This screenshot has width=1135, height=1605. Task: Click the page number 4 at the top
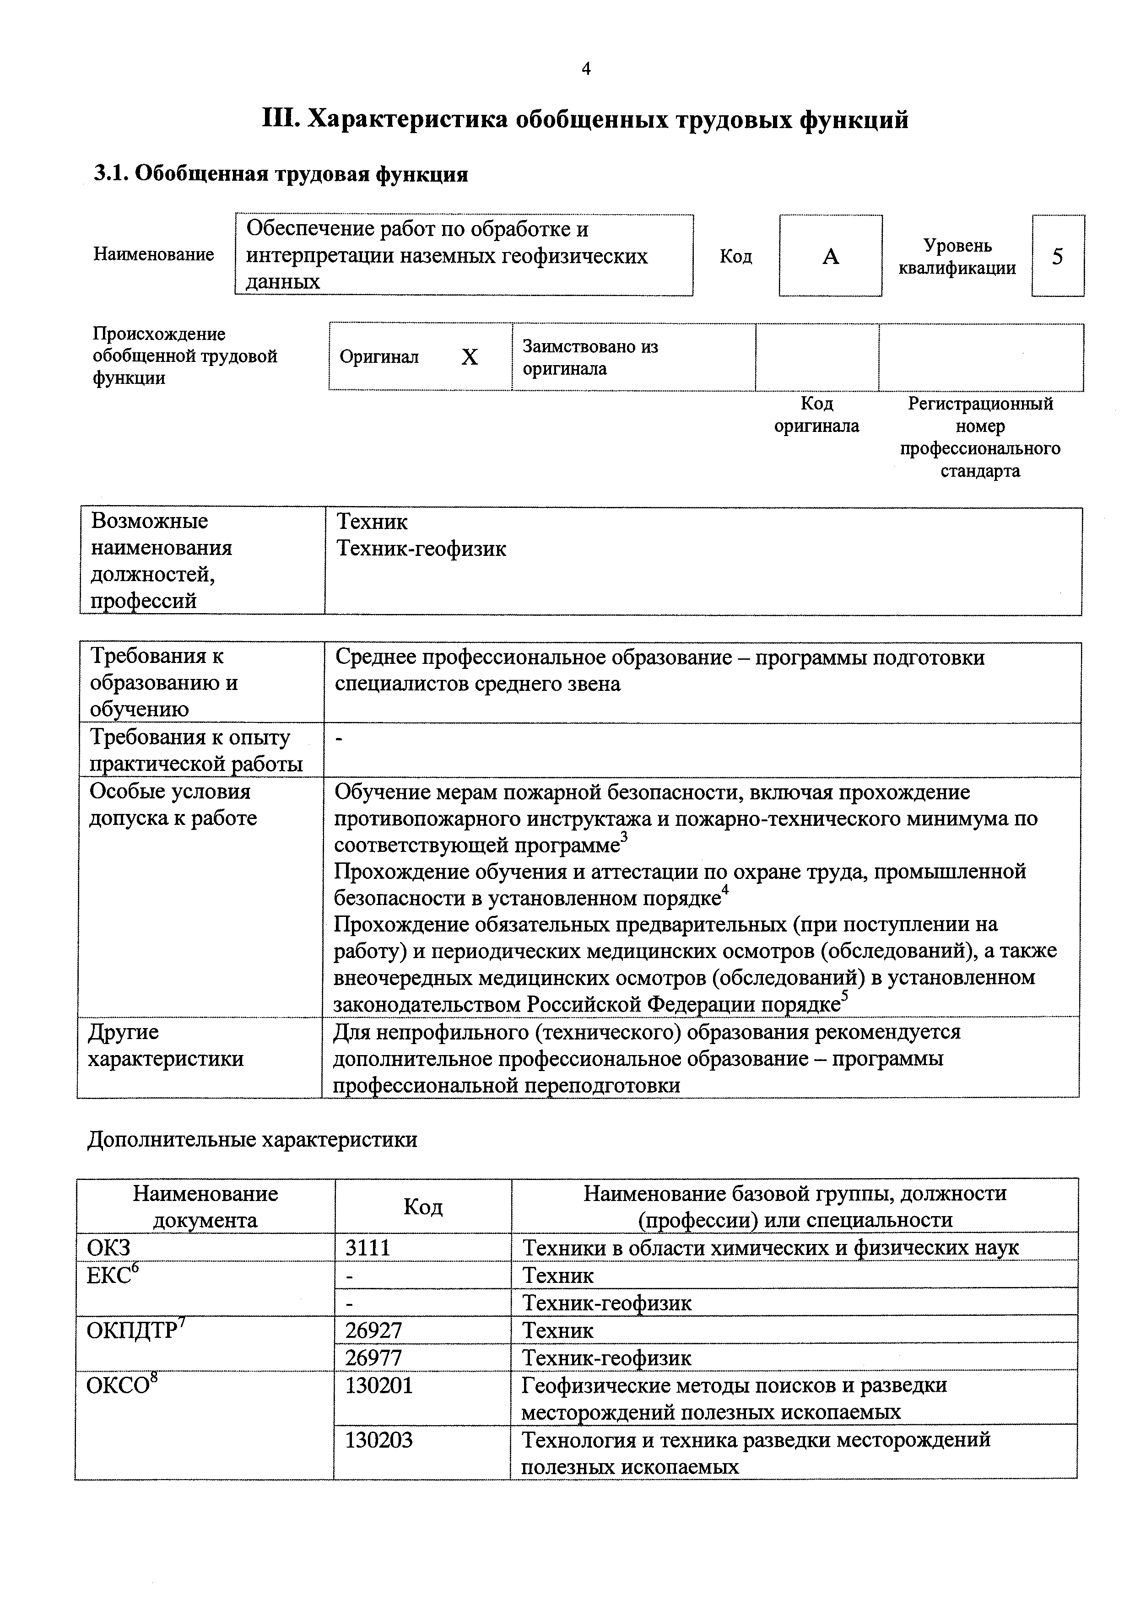586,69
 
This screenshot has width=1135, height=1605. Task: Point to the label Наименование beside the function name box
154,254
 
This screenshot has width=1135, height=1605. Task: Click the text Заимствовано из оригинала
590,357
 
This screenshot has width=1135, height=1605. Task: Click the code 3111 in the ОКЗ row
368,1248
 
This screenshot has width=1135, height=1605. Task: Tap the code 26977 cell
373,1357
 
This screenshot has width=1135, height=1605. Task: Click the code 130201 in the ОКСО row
379,1385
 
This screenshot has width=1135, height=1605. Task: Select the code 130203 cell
379,1440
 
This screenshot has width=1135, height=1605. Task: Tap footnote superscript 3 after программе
625,837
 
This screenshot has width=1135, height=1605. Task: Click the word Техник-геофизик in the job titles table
421,549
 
